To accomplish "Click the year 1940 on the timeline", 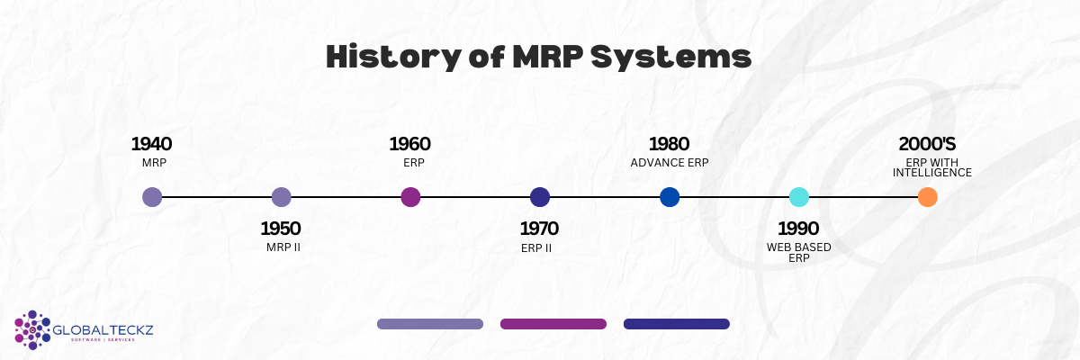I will (x=151, y=144).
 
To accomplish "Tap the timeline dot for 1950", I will (x=281, y=197).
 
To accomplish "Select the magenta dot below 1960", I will (x=410, y=197).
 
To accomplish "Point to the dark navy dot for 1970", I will (x=540, y=197).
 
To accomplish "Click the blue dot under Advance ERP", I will (x=670, y=197).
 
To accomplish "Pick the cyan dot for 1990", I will (x=799, y=197).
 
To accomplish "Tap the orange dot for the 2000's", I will (x=928, y=197).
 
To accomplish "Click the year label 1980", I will (x=669, y=144).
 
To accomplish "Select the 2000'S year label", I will (x=928, y=144).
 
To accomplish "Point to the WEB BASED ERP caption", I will (x=799, y=252).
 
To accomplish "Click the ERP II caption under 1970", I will (x=536, y=247).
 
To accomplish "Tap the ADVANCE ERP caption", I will (x=670, y=163).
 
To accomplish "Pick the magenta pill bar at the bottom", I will (x=553, y=324).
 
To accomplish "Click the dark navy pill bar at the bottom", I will (x=676, y=324).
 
